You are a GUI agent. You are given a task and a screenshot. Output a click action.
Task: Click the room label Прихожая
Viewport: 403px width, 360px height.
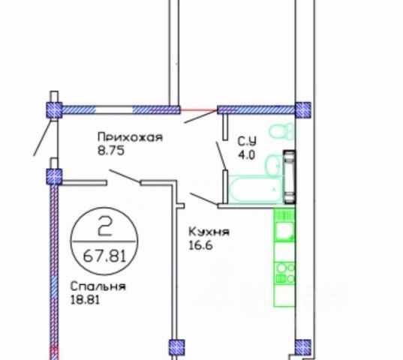click(x=130, y=136)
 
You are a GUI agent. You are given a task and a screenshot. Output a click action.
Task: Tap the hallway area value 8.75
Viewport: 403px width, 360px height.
click(x=111, y=151)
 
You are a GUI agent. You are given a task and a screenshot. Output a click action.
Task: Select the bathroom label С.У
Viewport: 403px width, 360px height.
click(x=247, y=141)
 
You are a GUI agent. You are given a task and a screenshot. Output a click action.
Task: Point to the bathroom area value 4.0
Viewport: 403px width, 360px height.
click(x=246, y=155)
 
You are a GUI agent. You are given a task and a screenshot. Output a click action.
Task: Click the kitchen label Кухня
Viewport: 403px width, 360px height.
click(x=209, y=232)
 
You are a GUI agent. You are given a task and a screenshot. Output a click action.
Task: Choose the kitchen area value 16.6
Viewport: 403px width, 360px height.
click(x=201, y=246)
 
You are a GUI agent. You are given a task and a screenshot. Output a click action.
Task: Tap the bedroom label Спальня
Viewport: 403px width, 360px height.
click(x=98, y=286)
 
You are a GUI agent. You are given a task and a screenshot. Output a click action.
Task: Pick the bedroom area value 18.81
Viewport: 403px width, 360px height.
click(x=85, y=300)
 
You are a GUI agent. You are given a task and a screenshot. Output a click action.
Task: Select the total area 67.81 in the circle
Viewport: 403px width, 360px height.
click(x=104, y=256)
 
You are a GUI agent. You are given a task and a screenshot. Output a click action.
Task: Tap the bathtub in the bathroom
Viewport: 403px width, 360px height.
click(x=255, y=190)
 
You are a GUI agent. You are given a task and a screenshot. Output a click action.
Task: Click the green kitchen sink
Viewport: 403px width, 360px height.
click(x=284, y=232)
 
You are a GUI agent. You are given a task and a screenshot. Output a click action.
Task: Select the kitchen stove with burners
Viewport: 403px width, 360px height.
click(x=284, y=274)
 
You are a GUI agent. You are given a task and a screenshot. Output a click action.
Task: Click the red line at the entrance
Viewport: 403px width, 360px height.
click(x=199, y=110)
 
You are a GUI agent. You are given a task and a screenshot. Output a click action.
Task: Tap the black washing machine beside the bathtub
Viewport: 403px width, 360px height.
click(x=290, y=177)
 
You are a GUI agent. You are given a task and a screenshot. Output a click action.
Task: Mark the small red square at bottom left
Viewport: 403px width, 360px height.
click(x=54, y=353)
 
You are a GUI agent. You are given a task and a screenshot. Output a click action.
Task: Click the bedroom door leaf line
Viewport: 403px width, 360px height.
click(x=125, y=176)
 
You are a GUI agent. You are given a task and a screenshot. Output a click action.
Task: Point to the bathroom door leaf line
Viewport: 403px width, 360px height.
click(x=221, y=156)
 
